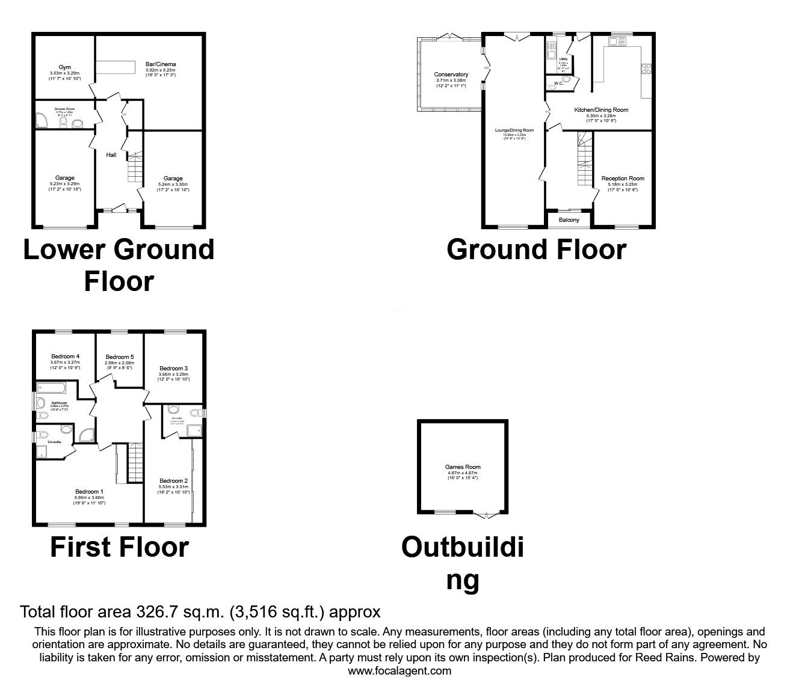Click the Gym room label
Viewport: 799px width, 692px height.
click(64, 67)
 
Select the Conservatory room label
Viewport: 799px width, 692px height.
click(451, 75)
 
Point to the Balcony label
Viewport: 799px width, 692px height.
click(569, 220)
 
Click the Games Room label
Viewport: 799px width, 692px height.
click(463, 467)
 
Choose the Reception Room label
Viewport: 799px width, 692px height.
click(623, 179)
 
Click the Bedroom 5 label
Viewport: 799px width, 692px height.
click(119, 357)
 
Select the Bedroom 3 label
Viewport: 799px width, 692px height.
click(174, 368)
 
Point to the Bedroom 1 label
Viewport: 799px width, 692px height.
click(89, 491)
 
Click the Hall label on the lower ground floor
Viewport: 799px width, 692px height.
click(111, 155)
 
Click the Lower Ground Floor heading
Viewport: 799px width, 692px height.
click(119, 265)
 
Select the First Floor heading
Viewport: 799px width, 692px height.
click(119, 547)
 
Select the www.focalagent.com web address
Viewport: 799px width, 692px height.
click(399, 671)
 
